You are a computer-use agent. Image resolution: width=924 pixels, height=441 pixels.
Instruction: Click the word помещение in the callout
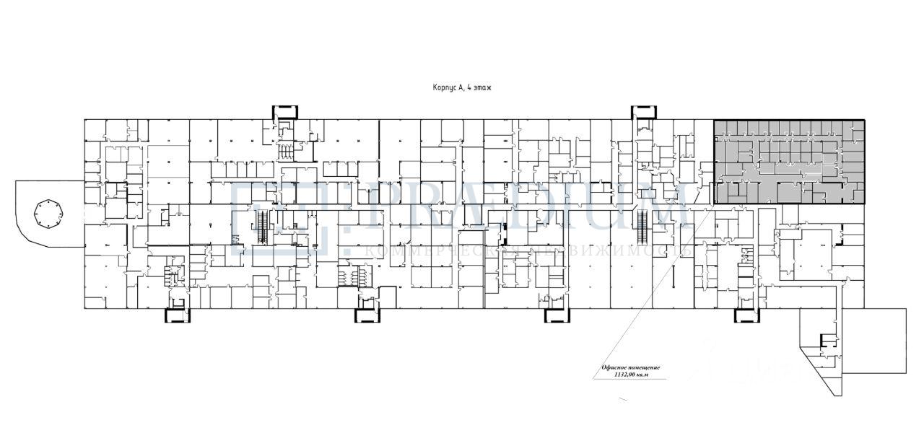click(645, 367)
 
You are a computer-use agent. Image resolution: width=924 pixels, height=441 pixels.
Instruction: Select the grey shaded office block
click(789, 162)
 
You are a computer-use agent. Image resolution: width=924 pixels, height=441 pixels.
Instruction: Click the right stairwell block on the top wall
click(643, 113)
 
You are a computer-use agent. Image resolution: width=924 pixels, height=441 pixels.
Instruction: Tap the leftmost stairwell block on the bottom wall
click(177, 315)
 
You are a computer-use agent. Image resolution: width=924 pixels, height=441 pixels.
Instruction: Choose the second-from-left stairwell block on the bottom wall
click(367, 315)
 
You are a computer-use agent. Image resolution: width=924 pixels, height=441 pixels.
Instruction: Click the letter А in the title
click(460, 87)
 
